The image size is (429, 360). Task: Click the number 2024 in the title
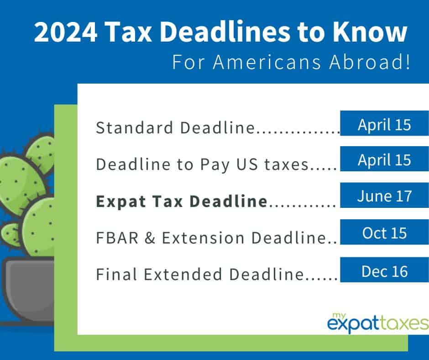(x=66, y=32)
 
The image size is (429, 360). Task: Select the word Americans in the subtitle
(x=267, y=62)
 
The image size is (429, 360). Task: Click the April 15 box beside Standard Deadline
(x=384, y=123)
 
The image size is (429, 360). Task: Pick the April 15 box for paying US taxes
(x=384, y=159)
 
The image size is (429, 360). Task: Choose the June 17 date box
(x=384, y=196)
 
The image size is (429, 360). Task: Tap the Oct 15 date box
(x=384, y=232)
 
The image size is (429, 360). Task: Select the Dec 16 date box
(x=384, y=270)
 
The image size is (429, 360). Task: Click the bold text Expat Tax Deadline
(x=182, y=201)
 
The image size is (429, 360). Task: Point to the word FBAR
(x=117, y=238)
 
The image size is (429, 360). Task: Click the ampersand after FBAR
(x=150, y=238)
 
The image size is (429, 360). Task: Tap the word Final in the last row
(x=116, y=274)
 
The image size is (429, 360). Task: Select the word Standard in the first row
(x=134, y=127)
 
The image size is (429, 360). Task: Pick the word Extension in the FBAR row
(x=203, y=238)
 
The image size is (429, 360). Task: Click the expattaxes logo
(x=378, y=323)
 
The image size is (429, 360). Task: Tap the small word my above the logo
(x=339, y=316)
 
